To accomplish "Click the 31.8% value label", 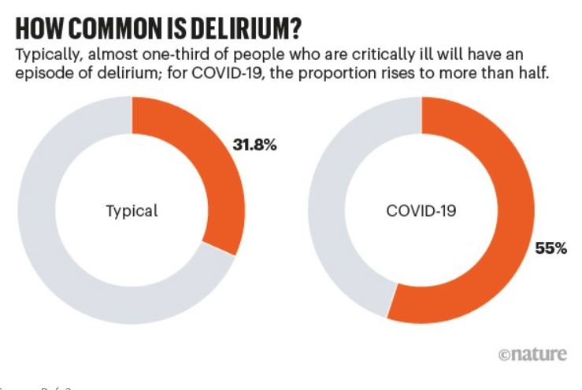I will (x=254, y=145).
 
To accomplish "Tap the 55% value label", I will (x=550, y=248).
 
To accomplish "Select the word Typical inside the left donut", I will (x=132, y=211).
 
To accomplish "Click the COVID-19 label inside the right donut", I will (x=421, y=211).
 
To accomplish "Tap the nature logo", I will (x=532, y=355).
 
